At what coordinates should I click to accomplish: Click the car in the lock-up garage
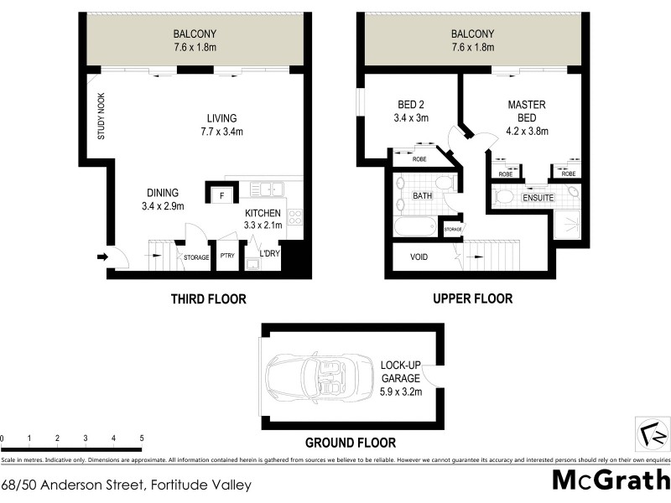[320, 377]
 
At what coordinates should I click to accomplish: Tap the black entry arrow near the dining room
[103, 257]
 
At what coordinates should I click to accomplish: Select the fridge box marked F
[221, 196]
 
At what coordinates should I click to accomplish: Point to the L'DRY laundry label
[268, 254]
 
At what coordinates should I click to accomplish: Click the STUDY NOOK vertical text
[101, 116]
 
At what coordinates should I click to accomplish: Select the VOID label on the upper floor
[420, 257]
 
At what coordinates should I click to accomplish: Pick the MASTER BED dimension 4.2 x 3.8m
[527, 132]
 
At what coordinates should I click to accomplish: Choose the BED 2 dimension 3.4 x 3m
[412, 119]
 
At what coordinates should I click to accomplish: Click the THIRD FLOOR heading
[208, 299]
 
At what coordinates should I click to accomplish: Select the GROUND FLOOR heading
[350, 443]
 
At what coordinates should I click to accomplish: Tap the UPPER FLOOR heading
[472, 298]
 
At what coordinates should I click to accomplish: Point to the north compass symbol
[651, 434]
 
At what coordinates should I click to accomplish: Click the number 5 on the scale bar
[141, 438]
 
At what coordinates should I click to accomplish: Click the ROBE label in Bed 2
[420, 157]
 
